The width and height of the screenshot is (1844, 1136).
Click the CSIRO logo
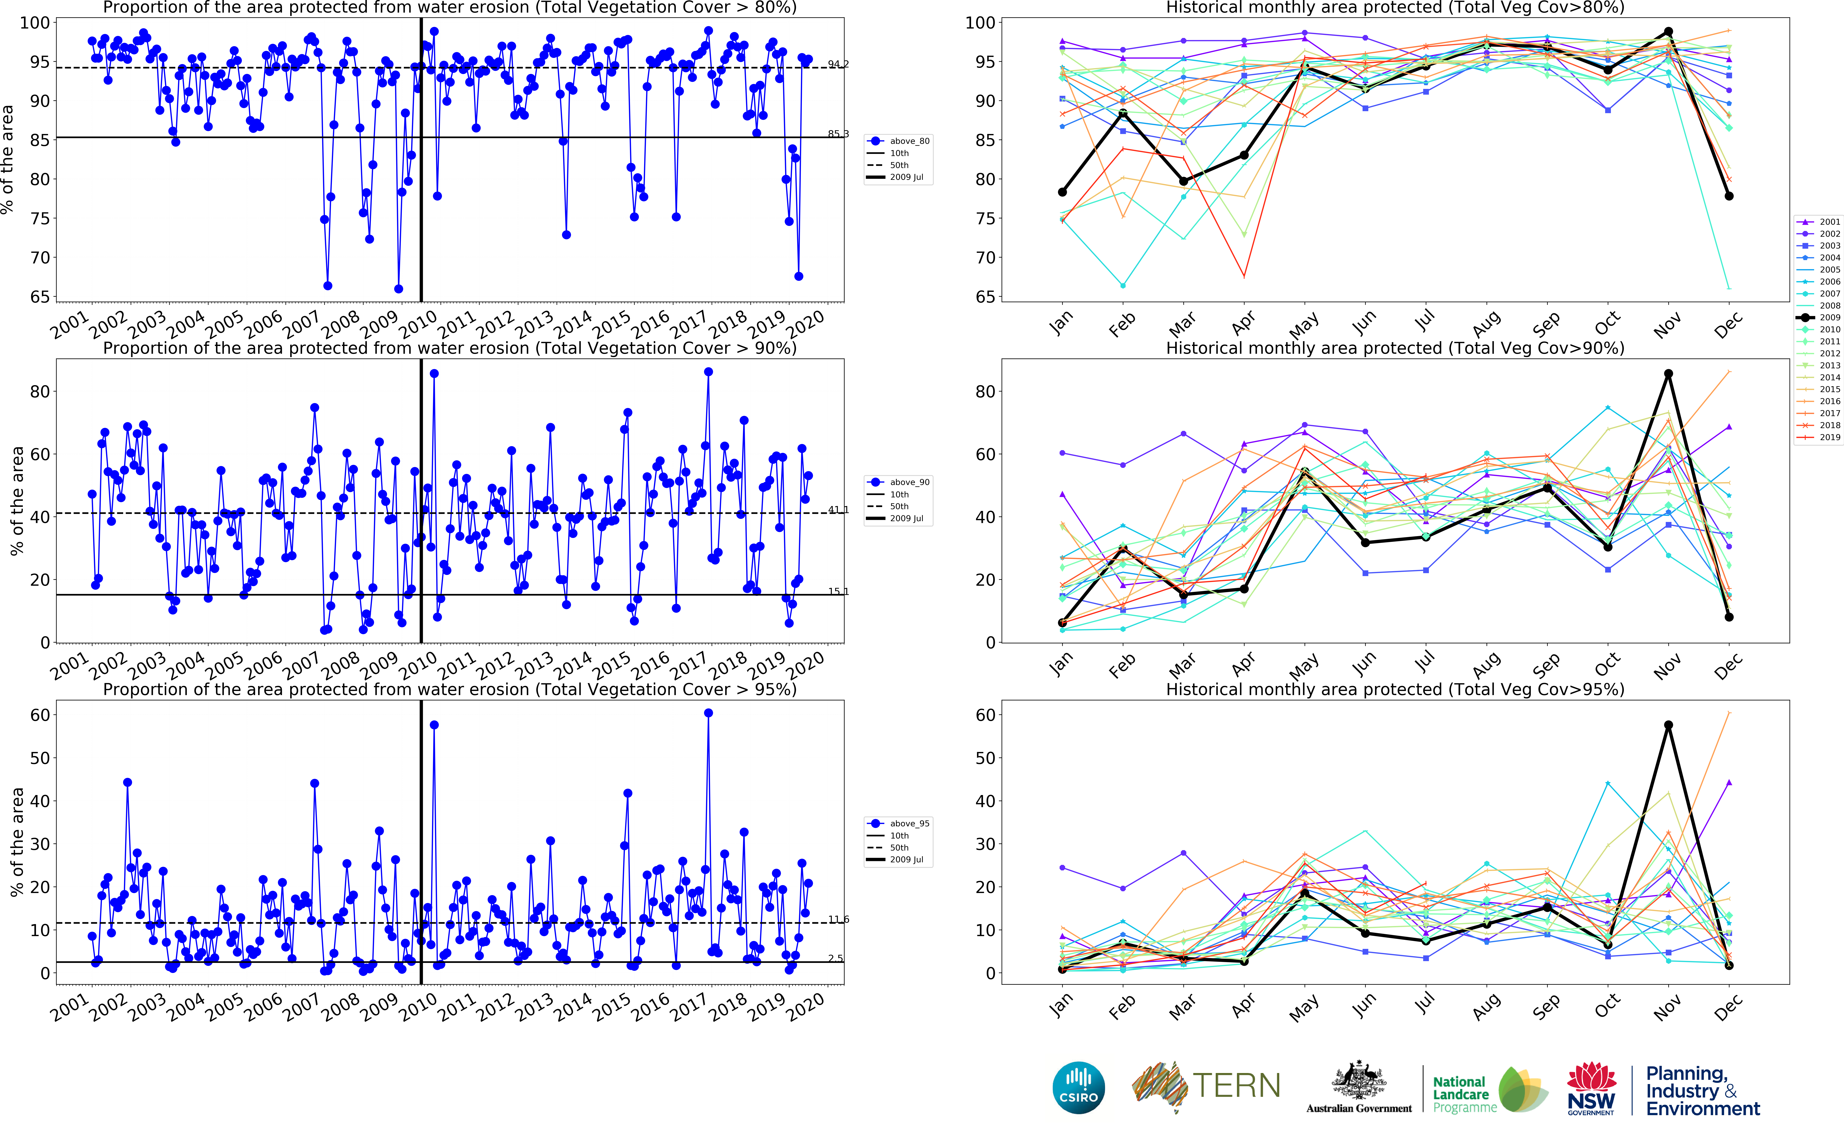1079,1087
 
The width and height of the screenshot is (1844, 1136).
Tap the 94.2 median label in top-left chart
838,64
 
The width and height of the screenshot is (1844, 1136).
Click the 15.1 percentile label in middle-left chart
838,591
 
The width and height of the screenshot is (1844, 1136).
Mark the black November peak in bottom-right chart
1668,725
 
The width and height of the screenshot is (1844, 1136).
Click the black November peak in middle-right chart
1668,373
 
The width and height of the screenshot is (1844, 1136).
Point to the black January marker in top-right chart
1062,192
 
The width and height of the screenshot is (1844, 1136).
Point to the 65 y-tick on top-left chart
39,297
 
